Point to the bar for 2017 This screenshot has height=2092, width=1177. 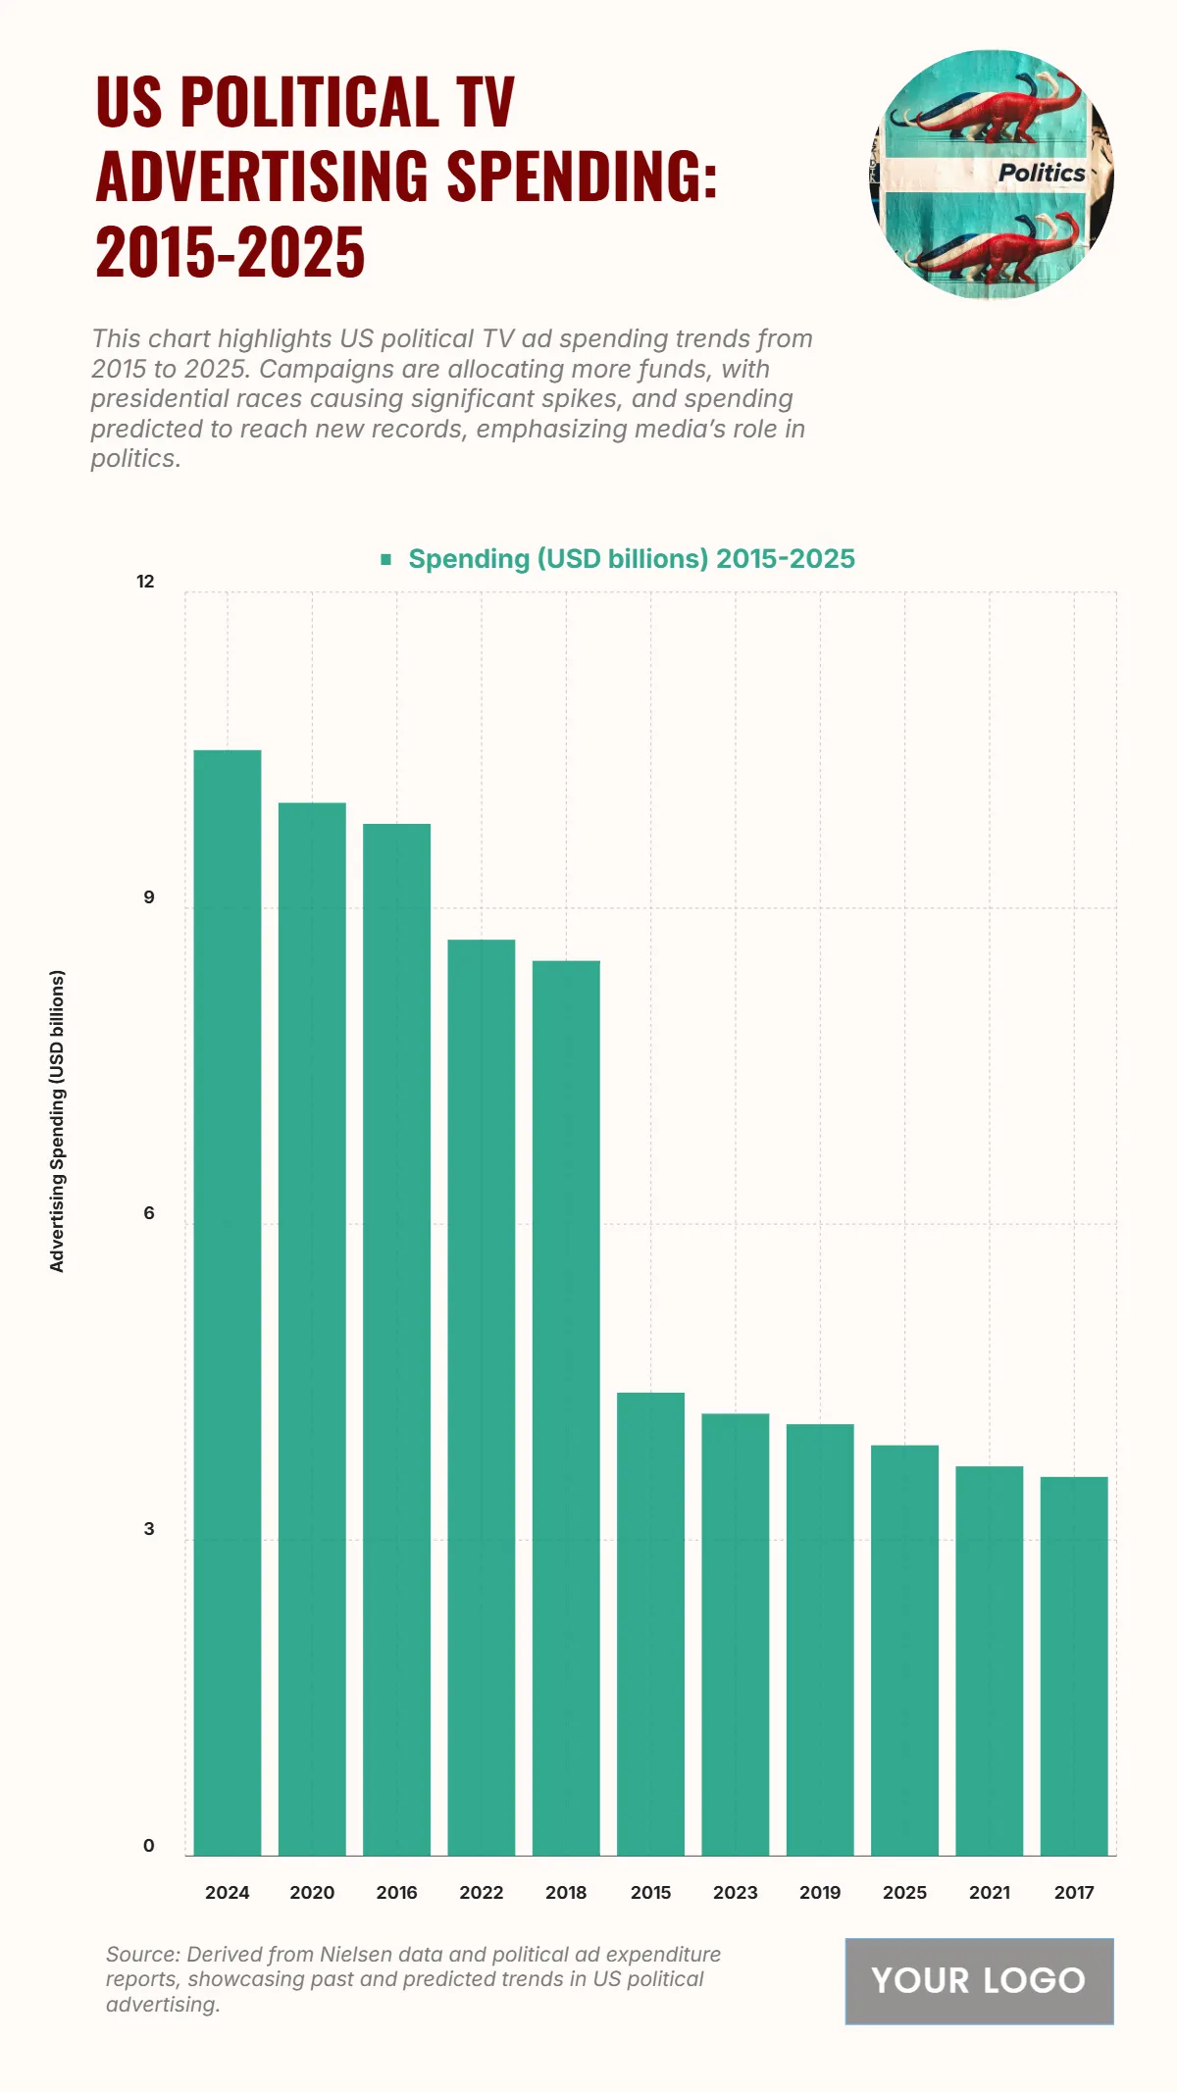(x=1074, y=1666)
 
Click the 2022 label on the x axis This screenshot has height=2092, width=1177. (x=481, y=1892)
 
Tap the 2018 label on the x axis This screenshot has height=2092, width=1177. (x=566, y=1892)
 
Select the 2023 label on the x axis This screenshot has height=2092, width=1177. (x=735, y=1892)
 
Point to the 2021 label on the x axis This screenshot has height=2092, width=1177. (x=989, y=1892)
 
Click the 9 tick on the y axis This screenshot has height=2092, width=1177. (x=149, y=897)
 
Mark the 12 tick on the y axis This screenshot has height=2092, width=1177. (x=145, y=582)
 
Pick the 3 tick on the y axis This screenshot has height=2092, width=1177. (x=149, y=1529)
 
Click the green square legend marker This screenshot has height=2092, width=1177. (x=386, y=559)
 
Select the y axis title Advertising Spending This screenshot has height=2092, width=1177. (x=57, y=1121)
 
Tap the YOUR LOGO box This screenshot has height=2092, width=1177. (x=979, y=1980)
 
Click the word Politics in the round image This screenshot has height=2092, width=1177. (x=1041, y=173)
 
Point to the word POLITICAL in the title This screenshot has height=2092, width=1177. (x=310, y=101)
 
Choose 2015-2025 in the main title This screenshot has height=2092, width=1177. (x=230, y=252)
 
